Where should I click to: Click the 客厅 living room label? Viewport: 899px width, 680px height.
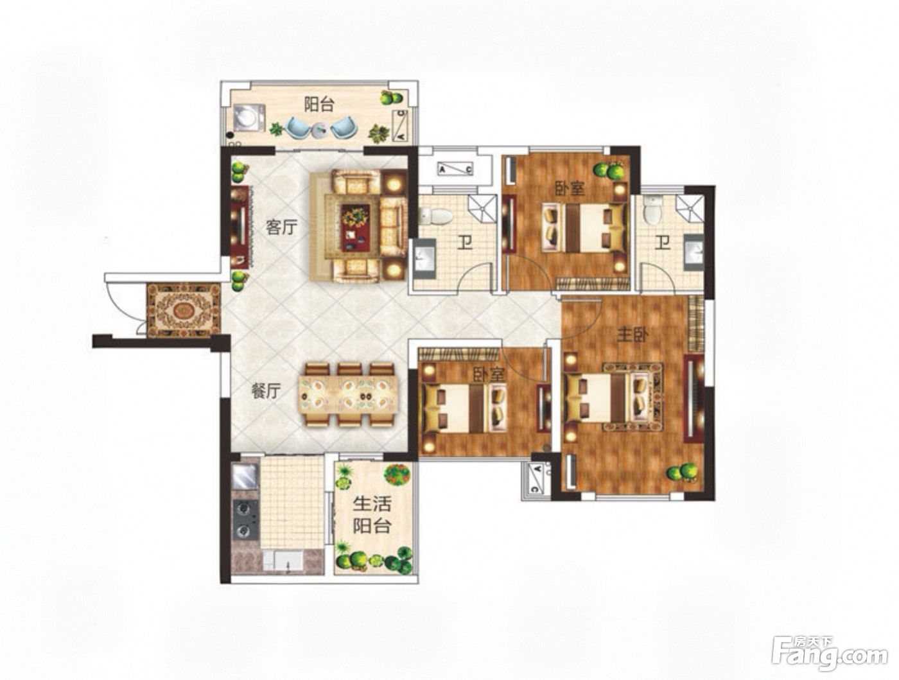281,227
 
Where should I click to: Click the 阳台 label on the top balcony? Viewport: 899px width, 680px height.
319,104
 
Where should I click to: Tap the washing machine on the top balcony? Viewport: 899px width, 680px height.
249,119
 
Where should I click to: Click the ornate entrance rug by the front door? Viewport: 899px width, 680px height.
183,311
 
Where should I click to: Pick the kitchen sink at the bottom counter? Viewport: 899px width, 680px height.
283,561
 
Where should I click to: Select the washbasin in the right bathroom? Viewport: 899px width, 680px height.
693,251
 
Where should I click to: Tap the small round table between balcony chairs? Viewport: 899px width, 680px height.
320,129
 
